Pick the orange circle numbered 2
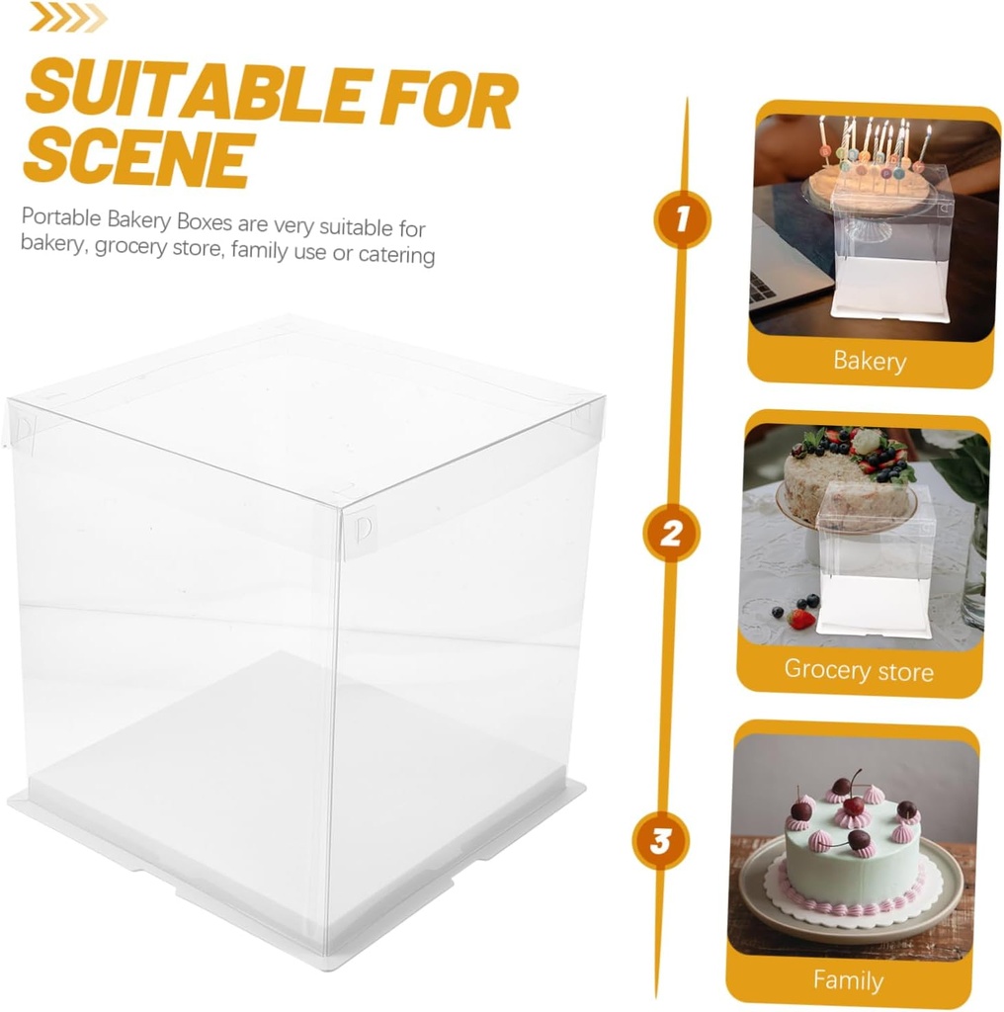(671, 535)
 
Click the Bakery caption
(870, 361)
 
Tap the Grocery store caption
(858, 671)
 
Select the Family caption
(848, 980)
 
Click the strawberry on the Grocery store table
(801, 619)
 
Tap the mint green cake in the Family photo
(852, 860)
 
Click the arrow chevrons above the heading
(66, 17)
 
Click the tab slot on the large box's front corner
(364, 526)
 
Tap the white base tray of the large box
(296, 889)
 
